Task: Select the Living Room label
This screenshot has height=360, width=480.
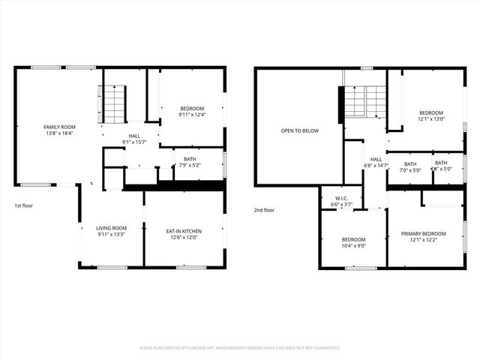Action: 111,228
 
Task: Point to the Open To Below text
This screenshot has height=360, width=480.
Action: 299,130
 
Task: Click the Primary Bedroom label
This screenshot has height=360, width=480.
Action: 423,233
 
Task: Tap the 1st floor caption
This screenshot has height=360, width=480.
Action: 23,205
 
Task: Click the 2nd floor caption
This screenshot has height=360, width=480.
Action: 264,210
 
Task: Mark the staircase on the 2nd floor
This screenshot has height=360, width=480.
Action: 365,101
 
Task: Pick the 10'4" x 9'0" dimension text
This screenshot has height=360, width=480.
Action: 353,245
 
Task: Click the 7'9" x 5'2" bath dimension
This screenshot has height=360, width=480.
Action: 188,164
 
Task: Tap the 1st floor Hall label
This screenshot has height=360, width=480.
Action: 133,136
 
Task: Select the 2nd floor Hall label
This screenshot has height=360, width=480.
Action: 376,159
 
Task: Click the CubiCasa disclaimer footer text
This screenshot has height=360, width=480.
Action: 240,348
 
